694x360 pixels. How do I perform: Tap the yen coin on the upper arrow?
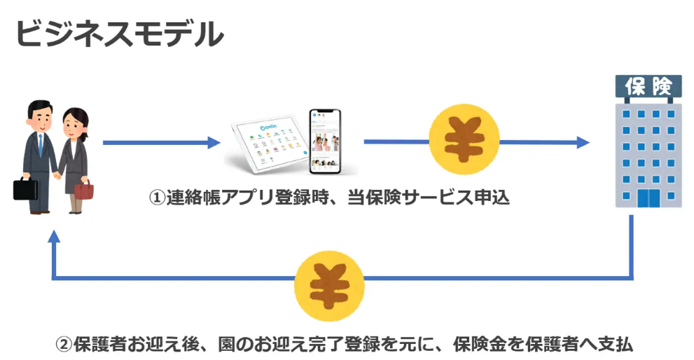463,141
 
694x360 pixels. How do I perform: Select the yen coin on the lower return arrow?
329,279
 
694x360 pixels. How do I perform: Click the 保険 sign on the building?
648,86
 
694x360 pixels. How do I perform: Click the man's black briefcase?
26,188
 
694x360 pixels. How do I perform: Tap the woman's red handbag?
83,190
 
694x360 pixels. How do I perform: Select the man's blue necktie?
41,144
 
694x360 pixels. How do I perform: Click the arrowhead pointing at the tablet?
214,143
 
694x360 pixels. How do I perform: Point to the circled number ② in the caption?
64,345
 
